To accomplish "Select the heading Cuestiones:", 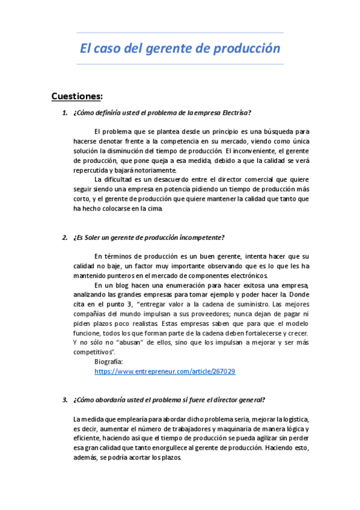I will click(77, 96).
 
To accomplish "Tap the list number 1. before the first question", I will click(65, 112).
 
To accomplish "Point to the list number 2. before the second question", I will click(65, 237).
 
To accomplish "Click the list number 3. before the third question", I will click(65, 400).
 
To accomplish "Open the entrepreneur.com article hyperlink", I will click(165, 372).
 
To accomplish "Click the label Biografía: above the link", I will click(109, 361).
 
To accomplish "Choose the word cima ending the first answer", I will click(154, 209).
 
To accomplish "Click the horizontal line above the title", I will click(180, 32).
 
